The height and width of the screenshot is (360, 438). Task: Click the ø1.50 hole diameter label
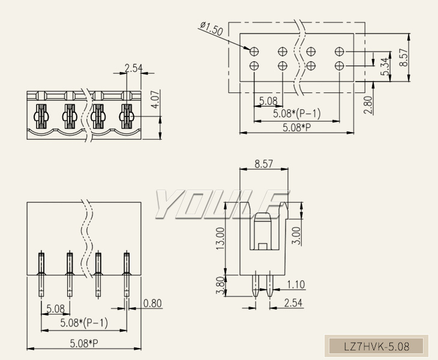pyautogui.click(x=211, y=28)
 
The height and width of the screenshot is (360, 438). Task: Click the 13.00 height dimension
pyautogui.click(x=220, y=239)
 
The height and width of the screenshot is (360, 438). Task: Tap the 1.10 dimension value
pyautogui.click(x=296, y=285)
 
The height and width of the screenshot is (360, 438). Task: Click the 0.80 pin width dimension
pyautogui.click(x=152, y=303)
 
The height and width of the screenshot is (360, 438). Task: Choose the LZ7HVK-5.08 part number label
pyautogui.click(x=377, y=346)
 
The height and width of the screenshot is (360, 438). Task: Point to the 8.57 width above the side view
pyautogui.click(x=265, y=163)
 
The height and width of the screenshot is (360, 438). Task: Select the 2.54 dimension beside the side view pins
pyautogui.click(x=293, y=303)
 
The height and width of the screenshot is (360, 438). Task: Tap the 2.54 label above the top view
pyautogui.click(x=134, y=68)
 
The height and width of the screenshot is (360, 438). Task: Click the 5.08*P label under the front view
pyautogui.click(x=83, y=343)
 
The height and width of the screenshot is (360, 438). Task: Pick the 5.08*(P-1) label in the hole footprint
pyautogui.click(x=296, y=113)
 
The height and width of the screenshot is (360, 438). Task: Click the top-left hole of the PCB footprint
pyautogui.click(x=254, y=52)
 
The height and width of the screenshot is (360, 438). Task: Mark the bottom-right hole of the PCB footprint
pyautogui.click(x=340, y=65)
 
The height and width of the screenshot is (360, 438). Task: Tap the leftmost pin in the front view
pyautogui.click(x=41, y=273)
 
